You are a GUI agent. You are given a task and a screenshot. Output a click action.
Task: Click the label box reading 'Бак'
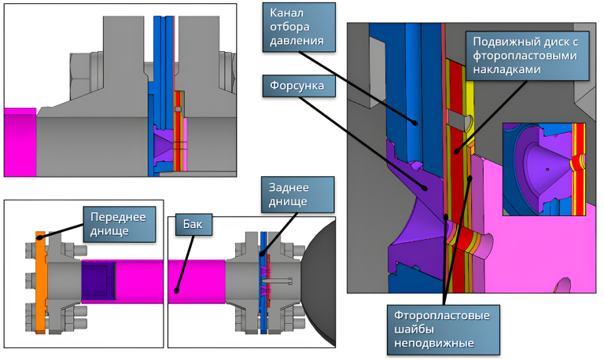pyautogui.click(x=190, y=226)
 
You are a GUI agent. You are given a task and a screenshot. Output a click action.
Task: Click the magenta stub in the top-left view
pyautogui.click(x=20, y=142)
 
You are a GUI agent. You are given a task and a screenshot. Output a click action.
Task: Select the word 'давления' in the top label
pyautogui.click(x=296, y=41)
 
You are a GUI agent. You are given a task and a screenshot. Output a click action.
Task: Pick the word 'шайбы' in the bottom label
pyautogui.click(x=415, y=329)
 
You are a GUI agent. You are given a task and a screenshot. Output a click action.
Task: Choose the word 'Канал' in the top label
pyautogui.click(x=286, y=13)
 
